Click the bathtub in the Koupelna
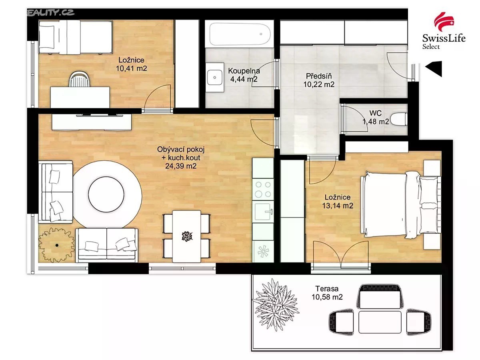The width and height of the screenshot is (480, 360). point(240,34)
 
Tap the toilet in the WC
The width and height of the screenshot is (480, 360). point(399,119)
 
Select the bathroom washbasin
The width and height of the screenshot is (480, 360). point(215,77)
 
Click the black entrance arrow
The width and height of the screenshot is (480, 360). point(434,69)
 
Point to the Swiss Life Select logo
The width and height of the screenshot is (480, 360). point(444,31)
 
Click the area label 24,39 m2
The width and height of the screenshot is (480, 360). point(181,166)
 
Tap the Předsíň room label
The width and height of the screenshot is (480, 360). point(319,76)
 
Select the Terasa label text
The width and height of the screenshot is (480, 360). point(327,289)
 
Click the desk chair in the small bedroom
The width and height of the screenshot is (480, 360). point(80,79)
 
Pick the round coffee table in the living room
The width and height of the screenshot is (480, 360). point(106,194)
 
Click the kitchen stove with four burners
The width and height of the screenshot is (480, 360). point(263,189)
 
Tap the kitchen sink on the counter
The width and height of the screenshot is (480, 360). point(263,212)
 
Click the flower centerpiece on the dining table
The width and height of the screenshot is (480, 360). point(187,236)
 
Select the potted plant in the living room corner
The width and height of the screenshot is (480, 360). point(56,245)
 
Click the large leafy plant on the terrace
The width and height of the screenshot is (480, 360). point(275,305)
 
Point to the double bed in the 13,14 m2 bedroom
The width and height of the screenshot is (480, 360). point(400,204)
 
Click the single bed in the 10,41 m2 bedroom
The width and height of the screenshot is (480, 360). point(76,37)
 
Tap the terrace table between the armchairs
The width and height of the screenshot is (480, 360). point(380,322)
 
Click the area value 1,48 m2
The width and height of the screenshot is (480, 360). point(376,122)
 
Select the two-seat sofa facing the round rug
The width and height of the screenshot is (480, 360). point(107,245)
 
